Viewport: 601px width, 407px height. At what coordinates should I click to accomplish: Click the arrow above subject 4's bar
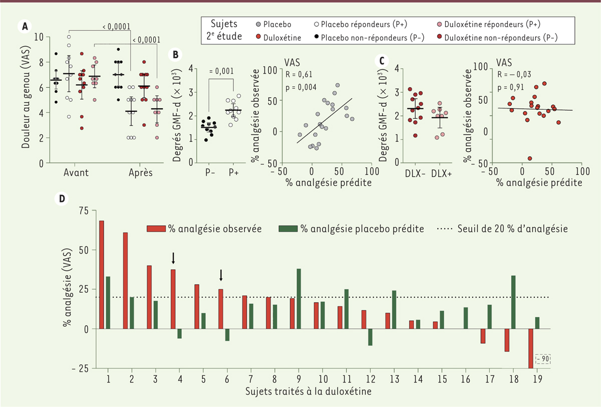tap(173, 258)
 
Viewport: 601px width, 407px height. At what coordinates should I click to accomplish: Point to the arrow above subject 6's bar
tap(221, 276)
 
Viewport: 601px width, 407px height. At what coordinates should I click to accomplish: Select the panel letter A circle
tap(24, 26)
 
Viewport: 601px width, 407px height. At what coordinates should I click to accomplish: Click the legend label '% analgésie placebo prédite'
tap(358, 229)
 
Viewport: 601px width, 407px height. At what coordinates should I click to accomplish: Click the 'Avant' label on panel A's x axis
tap(76, 172)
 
